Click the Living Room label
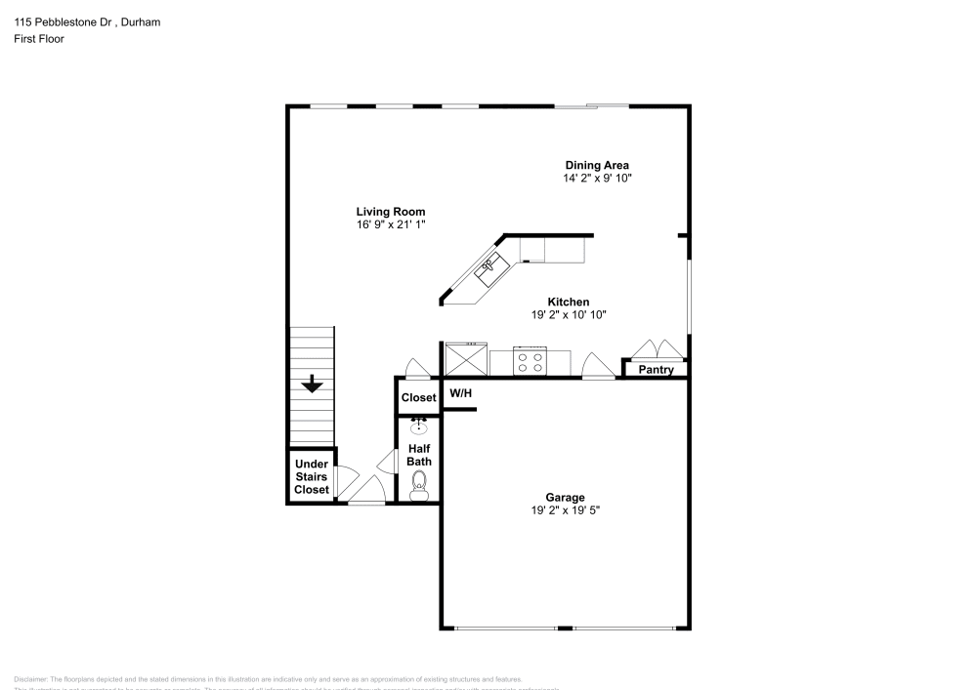[x=390, y=212]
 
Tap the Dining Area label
[x=597, y=165]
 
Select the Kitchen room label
[x=568, y=302]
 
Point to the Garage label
[x=566, y=497]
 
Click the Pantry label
[x=656, y=370]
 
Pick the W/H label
[x=460, y=393]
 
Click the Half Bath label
[x=420, y=455]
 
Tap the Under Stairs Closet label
[x=312, y=477]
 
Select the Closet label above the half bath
[x=418, y=398]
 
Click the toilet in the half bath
[x=420, y=483]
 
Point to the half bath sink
[x=419, y=426]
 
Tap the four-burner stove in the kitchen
[x=530, y=363]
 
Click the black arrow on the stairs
[x=312, y=385]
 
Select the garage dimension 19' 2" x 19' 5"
[x=566, y=510]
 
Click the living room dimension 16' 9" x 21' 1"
[x=390, y=225]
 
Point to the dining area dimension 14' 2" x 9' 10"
[x=597, y=179]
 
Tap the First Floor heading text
[x=39, y=39]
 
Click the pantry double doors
[x=655, y=350]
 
